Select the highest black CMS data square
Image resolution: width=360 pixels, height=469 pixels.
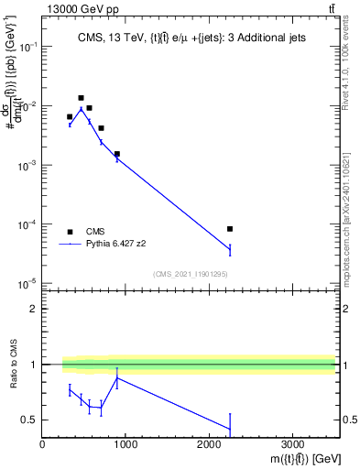[x=81, y=98]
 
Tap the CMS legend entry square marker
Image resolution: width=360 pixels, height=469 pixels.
[x=70, y=232]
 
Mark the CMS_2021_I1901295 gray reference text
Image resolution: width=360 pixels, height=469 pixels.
[x=190, y=274]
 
